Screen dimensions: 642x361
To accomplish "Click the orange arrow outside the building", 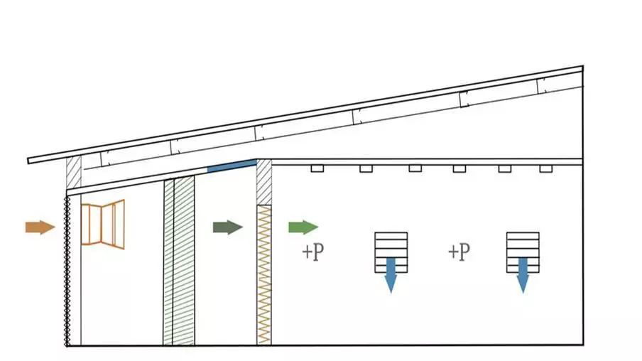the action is click(40, 227).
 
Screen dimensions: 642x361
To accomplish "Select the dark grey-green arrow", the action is click(228, 227).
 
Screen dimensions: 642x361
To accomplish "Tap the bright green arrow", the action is click(303, 227).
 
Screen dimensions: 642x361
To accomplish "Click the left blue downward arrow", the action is click(391, 275).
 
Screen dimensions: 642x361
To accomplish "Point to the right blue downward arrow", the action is click(523, 275).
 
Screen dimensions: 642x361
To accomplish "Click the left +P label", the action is click(312, 252).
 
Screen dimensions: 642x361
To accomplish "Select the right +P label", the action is click(459, 252).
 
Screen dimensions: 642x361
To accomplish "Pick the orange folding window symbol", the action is click(103, 224).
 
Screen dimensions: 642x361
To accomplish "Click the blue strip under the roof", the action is click(232, 166).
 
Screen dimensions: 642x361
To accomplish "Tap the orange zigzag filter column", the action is click(264, 274).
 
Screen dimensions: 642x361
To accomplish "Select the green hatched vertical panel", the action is click(179, 261).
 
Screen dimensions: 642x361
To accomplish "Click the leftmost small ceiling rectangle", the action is click(317, 168).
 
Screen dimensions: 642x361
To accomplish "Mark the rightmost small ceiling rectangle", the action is click(546, 168).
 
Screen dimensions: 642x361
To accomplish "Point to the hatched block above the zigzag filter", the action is click(264, 183).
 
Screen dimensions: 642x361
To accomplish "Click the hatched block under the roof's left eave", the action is click(74, 173).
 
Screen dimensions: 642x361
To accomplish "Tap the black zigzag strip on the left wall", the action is click(67, 271).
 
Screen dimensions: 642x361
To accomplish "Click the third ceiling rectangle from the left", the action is click(415, 168).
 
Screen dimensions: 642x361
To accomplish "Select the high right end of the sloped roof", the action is click(582, 68).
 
